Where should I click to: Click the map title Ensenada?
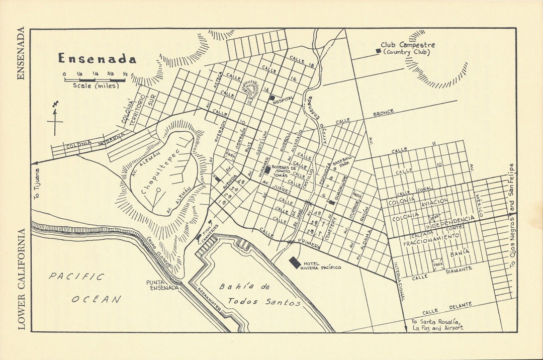pyautogui.click(x=97, y=59)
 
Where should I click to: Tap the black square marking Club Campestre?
pyautogui.click(x=378, y=50)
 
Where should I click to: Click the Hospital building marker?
pyautogui.click(x=271, y=98)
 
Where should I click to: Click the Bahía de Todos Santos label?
pyautogui.click(x=258, y=294)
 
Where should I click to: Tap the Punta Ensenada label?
pyautogui.click(x=162, y=285)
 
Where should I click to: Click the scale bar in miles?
pyautogui.click(x=95, y=79)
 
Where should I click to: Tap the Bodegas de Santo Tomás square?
pyautogui.click(x=267, y=170)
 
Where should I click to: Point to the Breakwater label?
pyautogui.click(x=209, y=302)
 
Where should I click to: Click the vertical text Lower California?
pyautogui.click(x=21, y=279)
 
